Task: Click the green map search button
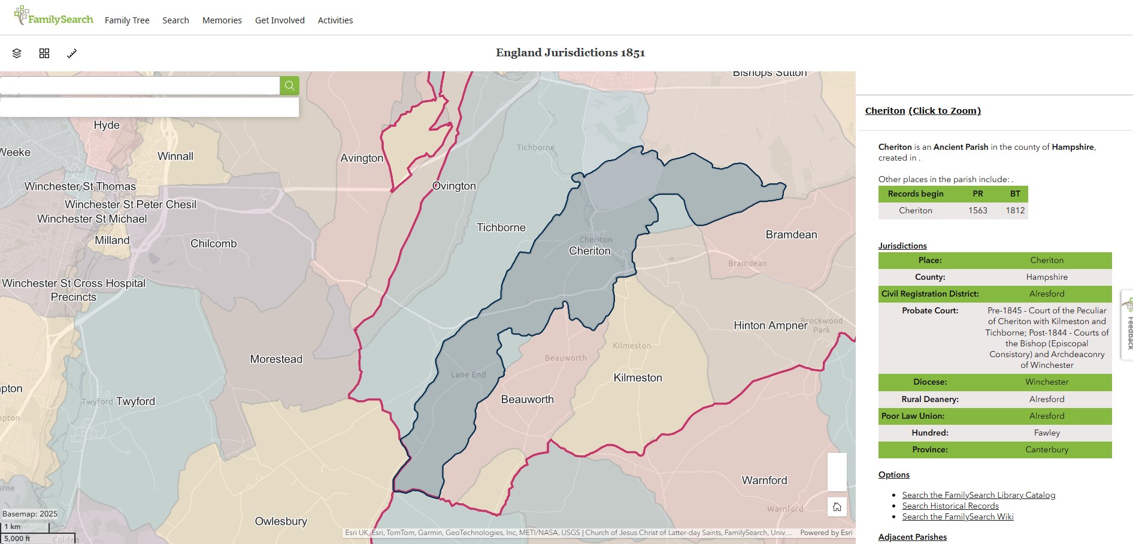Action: (x=289, y=86)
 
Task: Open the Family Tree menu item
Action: (x=127, y=20)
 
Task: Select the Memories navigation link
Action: (x=222, y=20)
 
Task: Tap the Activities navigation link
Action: (x=335, y=20)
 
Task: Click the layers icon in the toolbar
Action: (x=17, y=53)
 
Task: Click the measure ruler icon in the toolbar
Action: (x=72, y=53)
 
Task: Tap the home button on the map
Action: (x=837, y=507)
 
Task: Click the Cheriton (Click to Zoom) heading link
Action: (x=923, y=111)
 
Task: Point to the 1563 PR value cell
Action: (x=977, y=210)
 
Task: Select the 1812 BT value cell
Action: (x=1015, y=210)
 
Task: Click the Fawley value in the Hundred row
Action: (x=1047, y=433)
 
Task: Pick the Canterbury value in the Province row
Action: (x=1047, y=449)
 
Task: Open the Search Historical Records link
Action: (x=950, y=506)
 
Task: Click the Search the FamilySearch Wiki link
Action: (x=958, y=516)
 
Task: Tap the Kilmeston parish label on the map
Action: (x=638, y=378)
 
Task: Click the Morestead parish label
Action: (x=276, y=359)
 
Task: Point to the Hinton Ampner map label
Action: (x=770, y=326)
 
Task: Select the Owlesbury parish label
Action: (x=281, y=521)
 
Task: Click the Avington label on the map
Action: (x=362, y=158)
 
